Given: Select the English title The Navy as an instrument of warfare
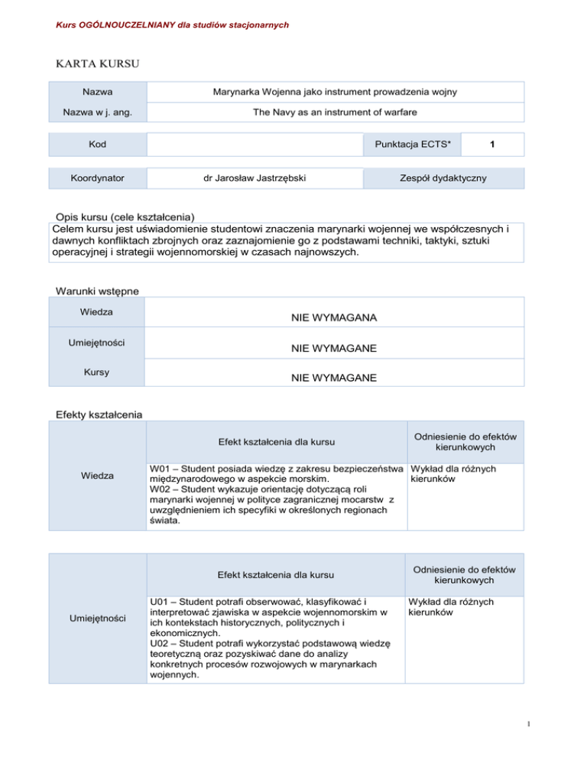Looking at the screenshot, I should [x=335, y=112].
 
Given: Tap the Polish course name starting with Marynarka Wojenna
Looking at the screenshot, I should [x=335, y=92].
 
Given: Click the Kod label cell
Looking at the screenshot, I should [x=98, y=145].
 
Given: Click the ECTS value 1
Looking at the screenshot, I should [x=495, y=145].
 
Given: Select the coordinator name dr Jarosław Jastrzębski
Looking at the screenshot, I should [x=255, y=177].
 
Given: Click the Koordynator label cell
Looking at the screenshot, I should [x=98, y=177].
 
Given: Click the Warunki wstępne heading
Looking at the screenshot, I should [x=97, y=291].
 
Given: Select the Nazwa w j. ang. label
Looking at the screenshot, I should [x=98, y=112].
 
